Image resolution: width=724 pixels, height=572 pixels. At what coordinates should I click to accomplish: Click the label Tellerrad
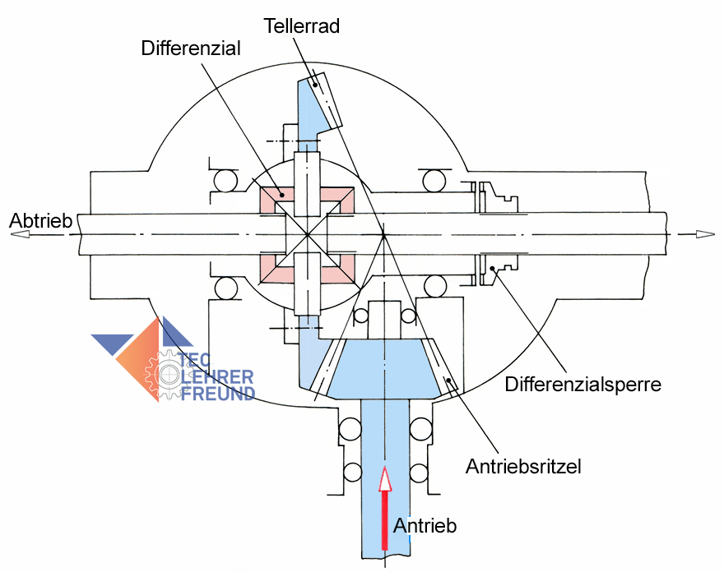[301, 26]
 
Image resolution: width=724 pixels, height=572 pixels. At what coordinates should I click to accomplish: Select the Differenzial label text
[191, 48]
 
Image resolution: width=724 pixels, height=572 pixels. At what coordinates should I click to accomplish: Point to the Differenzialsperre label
[583, 384]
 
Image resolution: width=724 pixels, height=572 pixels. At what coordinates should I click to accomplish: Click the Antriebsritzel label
[523, 467]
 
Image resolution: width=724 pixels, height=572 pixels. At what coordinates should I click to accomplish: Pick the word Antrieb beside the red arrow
[425, 525]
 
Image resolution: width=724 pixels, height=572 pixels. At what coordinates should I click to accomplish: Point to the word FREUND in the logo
[216, 394]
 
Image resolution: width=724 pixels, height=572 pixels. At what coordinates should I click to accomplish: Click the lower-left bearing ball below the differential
[224, 288]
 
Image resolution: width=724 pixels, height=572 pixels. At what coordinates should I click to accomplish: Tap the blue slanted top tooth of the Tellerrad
[318, 104]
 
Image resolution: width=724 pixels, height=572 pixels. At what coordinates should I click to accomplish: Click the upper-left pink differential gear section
[271, 198]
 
